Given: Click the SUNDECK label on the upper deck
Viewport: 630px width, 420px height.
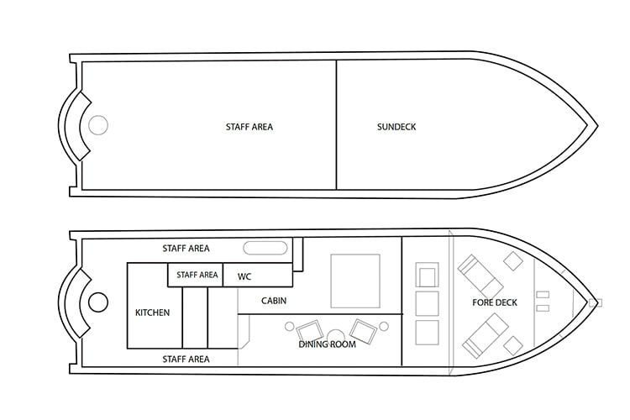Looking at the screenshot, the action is click(396, 127).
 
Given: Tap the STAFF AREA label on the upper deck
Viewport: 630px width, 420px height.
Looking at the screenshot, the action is click(249, 127).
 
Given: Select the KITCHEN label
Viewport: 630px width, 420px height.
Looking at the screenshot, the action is click(152, 312).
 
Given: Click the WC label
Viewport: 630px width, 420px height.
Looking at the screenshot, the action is click(244, 276).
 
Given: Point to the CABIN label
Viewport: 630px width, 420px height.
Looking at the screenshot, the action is click(274, 301).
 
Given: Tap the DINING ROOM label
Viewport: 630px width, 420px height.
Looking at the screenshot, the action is click(327, 344).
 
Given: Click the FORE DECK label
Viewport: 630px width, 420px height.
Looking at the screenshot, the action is click(495, 302).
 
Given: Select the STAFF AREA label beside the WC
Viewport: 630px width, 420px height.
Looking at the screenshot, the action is click(197, 275).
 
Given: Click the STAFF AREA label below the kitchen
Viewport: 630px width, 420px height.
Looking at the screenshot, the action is click(186, 359).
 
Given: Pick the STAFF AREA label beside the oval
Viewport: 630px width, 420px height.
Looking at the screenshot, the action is click(186, 249).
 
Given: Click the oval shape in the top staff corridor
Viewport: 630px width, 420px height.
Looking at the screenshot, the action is click(265, 248).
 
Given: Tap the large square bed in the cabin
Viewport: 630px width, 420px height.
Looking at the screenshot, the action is click(355, 281).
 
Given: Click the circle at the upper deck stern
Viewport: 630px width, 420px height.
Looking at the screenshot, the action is click(98, 125).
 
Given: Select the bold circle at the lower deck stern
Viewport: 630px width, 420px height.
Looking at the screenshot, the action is click(98, 302).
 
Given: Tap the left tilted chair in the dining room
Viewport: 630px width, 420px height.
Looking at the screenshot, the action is click(309, 332).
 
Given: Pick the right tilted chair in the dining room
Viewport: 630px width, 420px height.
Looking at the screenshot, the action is click(363, 332).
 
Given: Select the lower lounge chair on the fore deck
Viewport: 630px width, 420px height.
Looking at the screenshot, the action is click(485, 336).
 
